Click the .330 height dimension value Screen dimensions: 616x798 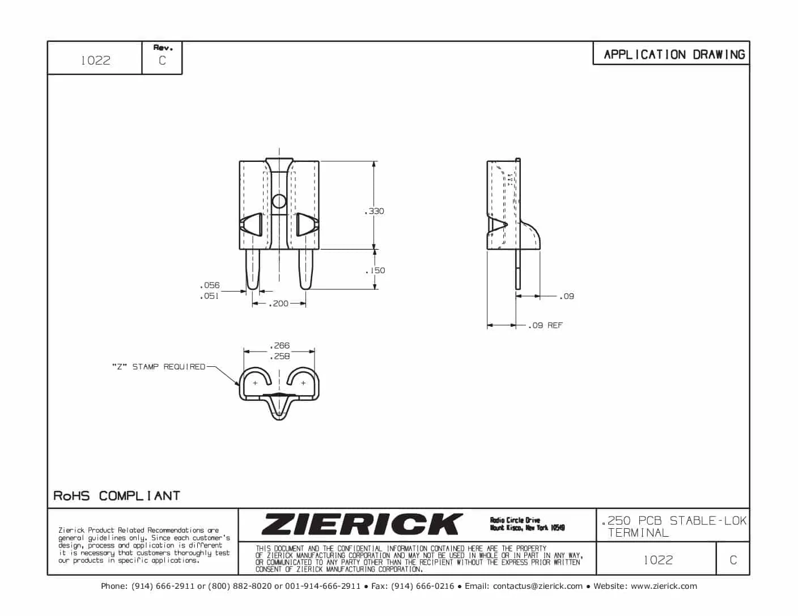375,211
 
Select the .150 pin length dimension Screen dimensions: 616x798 375,271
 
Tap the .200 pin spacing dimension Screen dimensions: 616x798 279,303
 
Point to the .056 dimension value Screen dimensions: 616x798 209,285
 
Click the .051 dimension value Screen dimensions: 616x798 209,296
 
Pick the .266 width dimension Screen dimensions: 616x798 279,345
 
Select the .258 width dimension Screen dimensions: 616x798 279,356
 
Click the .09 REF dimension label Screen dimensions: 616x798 546,326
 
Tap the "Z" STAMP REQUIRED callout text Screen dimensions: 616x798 159,367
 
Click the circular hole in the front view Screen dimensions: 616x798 279,201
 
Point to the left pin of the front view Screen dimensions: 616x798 253,269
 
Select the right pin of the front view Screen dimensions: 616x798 305,269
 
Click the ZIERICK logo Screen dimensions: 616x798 362,524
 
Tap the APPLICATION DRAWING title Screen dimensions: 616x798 674,55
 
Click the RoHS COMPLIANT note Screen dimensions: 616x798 117,496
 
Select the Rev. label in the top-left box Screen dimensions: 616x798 163,48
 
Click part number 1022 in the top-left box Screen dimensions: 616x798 95,61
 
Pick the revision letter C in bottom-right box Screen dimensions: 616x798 733,560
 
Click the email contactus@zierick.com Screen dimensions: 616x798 537,586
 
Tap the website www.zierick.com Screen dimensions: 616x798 664,586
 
